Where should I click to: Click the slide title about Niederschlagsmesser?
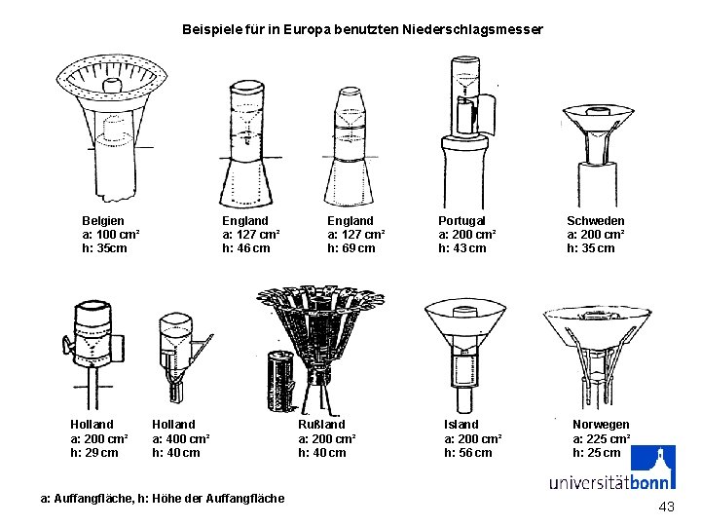click(x=362, y=30)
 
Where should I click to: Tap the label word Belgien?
click(x=102, y=221)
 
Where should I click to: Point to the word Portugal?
click(x=461, y=221)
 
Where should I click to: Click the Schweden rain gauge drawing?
click(x=598, y=146)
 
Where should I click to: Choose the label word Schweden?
click(x=596, y=221)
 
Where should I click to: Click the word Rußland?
click(x=321, y=425)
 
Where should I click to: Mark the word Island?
click(x=461, y=425)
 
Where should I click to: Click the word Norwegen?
click(x=601, y=425)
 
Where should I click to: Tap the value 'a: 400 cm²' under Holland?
click(x=181, y=438)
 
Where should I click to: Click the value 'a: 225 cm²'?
click(x=601, y=438)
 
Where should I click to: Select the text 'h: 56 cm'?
click(x=468, y=453)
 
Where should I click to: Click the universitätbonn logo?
click(x=612, y=471)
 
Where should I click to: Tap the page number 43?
click(x=666, y=507)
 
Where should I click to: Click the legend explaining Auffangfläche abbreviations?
click(x=163, y=499)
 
